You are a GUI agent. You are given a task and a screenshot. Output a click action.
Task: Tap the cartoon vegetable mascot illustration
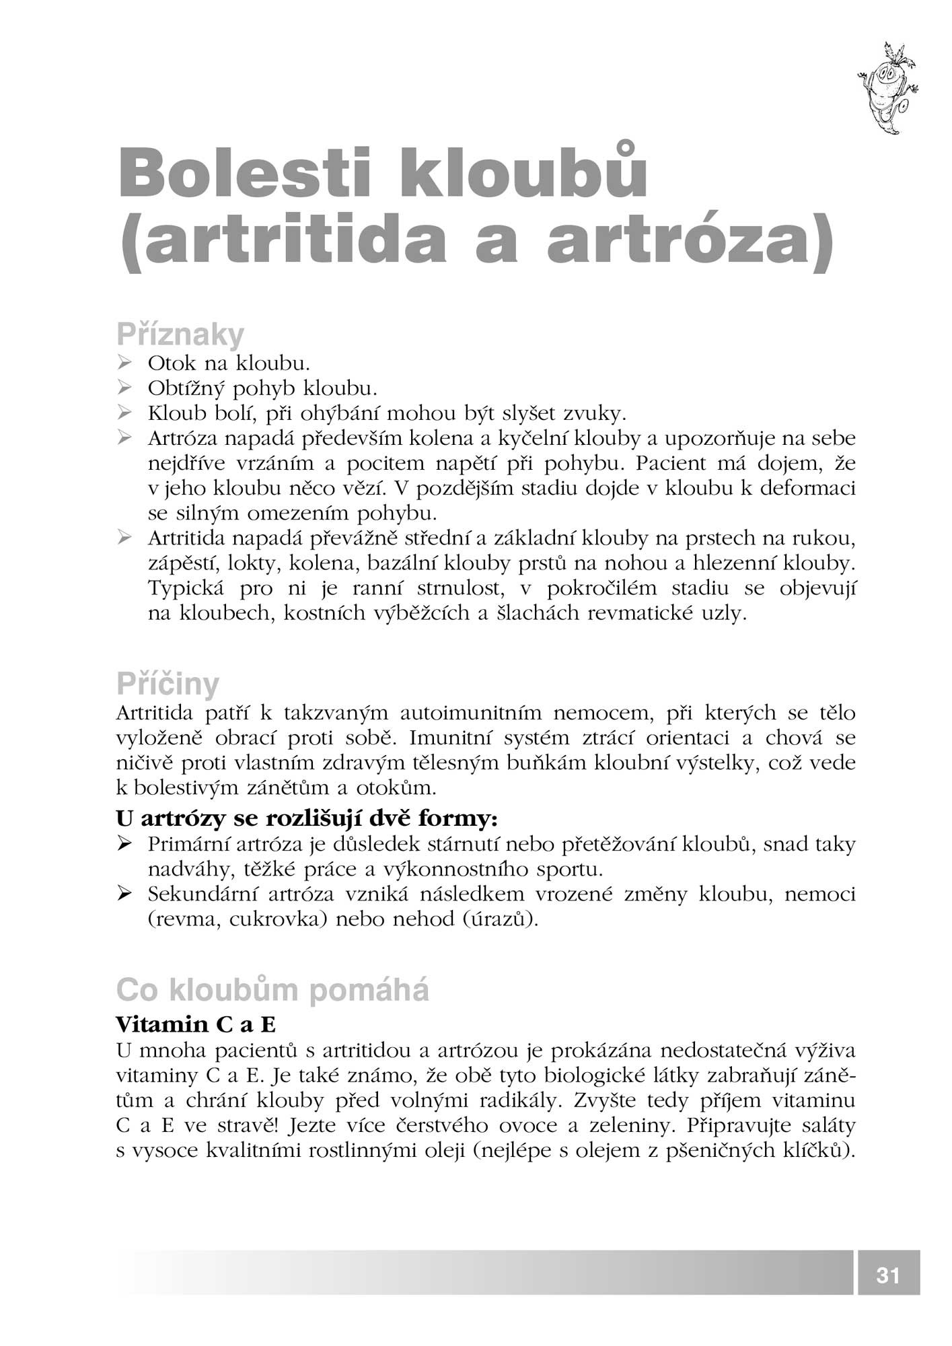pos(887,88)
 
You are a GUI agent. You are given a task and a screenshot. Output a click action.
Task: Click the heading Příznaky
pos(180,334)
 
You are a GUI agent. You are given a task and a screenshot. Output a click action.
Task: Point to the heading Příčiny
pos(168,684)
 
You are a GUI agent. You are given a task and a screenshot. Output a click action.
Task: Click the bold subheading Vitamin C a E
pos(196,1024)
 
